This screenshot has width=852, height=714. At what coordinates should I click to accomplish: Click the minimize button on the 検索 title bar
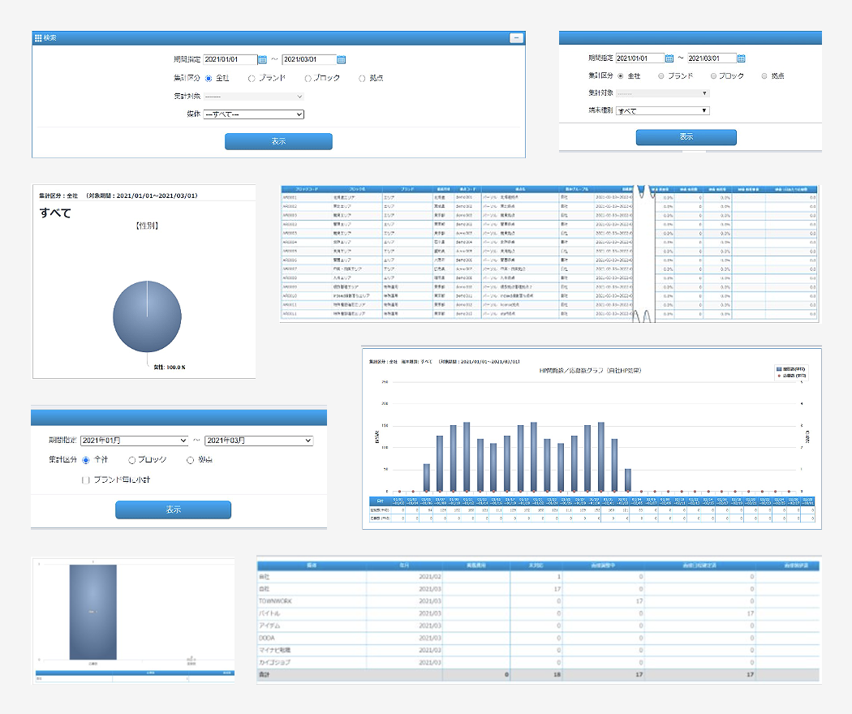pyautogui.click(x=516, y=38)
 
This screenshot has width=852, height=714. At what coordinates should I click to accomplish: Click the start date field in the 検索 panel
pyautogui.click(x=230, y=59)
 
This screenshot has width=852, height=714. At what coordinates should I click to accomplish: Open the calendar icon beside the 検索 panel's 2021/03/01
pyautogui.click(x=342, y=59)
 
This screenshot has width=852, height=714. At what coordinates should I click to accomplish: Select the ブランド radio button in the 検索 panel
pyautogui.click(x=252, y=79)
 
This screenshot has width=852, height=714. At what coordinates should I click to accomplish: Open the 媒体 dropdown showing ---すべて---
pyautogui.click(x=253, y=114)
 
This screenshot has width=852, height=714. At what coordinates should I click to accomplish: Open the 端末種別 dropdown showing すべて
pyautogui.click(x=663, y=110)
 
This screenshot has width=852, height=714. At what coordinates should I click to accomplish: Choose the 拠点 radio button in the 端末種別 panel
pyautogui.click(x=764, y=75)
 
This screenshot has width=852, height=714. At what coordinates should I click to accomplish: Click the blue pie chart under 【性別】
pyautogui.click(x=147, y=316)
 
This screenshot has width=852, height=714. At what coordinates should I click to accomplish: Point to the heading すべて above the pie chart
pyautogui.click(x=55, y=213)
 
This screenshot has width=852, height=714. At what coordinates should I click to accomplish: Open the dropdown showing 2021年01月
pyautogui.click(x=134, y=441)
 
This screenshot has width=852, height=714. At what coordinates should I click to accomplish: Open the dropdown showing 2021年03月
pyautogui.click(x=258, y=441)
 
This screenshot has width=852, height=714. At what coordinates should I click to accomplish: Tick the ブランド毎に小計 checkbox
pyautogui.click(x=86, y=480)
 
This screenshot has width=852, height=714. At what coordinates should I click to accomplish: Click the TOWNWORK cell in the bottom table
pyautogui.click(x=281, y=601)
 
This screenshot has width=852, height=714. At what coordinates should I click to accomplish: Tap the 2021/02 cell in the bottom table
pyautogui.click(x=429, y=576)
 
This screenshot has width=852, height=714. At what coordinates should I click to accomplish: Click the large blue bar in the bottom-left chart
pyautogui.click(x=93, y=612)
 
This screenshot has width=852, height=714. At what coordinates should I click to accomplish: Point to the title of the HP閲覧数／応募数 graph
pyautogui.click(x=590, y=370)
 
